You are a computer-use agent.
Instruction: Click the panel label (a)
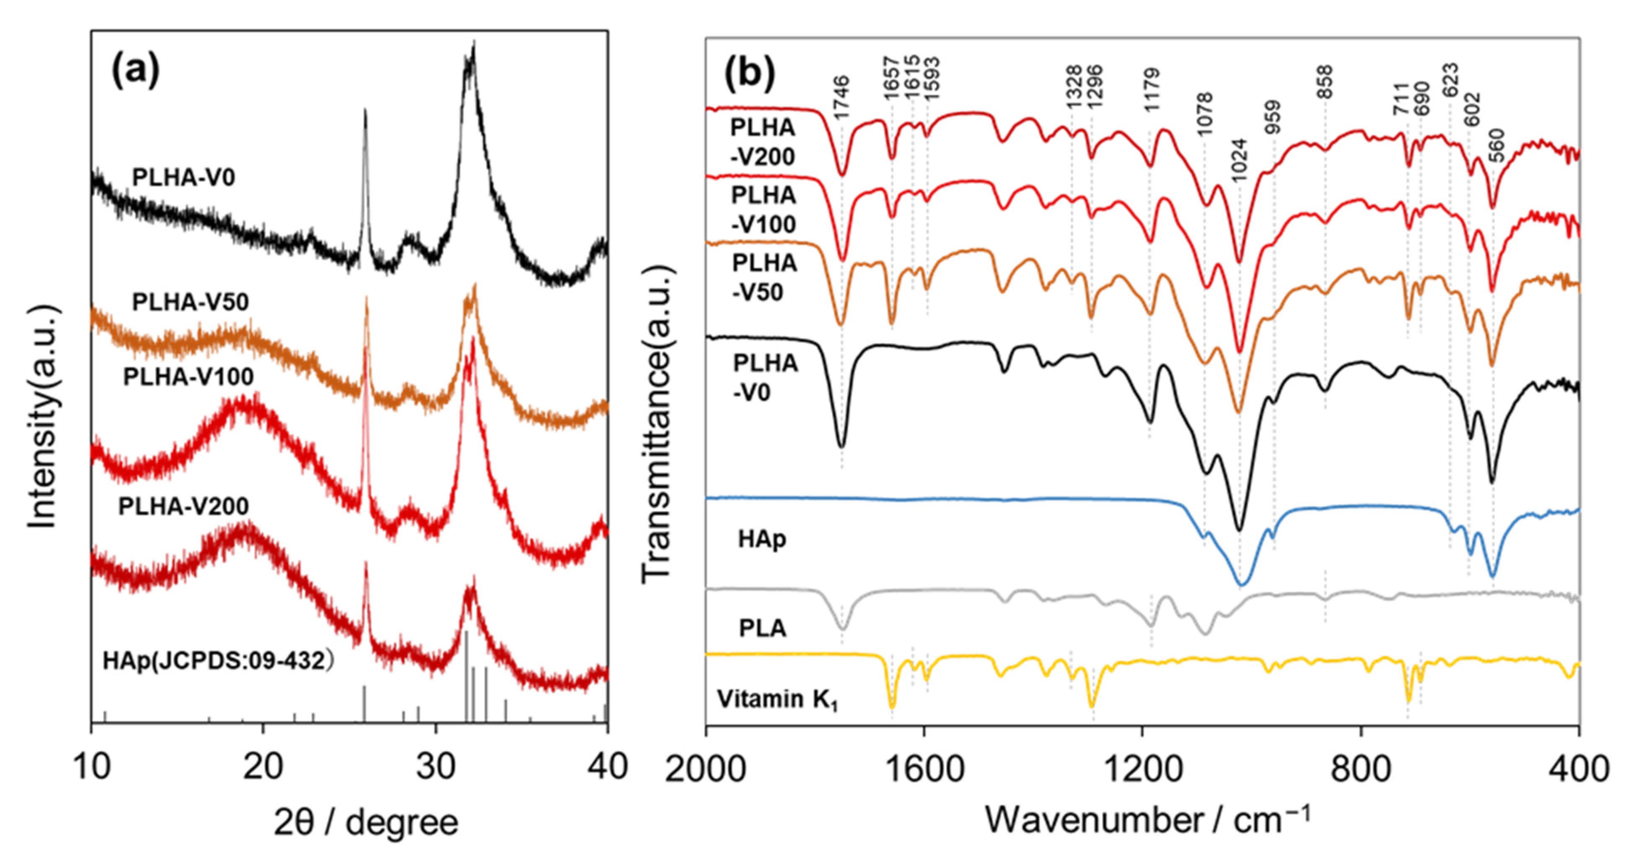coord(136,70)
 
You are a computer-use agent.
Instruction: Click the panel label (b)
coord(750,74)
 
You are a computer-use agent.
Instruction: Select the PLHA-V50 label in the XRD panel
coord(190,302)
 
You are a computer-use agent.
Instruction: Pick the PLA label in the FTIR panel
coord(763,628)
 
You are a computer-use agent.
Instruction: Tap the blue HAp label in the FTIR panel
coord(762,539)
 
